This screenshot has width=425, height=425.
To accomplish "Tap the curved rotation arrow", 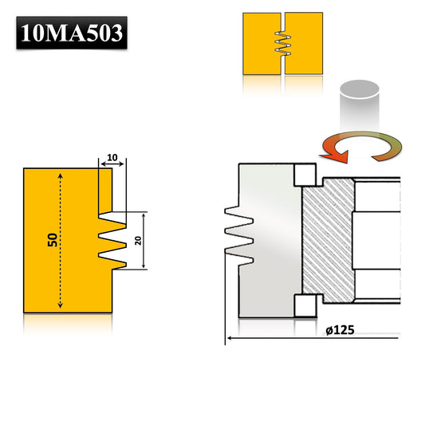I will coord(358,147).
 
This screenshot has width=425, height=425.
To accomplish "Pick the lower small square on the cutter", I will coord(303,304).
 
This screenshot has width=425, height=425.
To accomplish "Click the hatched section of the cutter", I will coord(329,239).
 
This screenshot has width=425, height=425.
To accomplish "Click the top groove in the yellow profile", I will coord(110,218).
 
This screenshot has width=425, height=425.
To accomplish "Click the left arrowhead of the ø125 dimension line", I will coord(230,339).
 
